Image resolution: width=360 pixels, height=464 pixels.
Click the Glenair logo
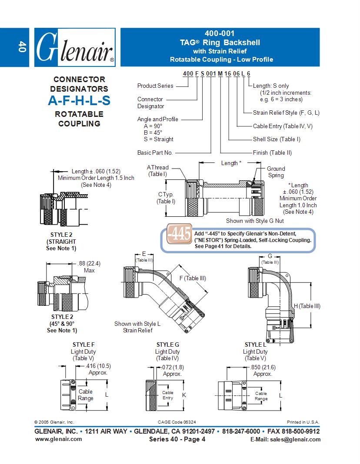(74, 47)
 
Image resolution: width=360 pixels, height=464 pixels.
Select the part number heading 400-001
(220, 33)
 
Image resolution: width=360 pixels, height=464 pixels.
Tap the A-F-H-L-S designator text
(79, 101)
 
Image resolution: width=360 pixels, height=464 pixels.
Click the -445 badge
(179, 235)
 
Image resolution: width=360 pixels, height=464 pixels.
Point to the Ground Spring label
(276, 172)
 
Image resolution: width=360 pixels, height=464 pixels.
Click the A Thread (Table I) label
(157, 171)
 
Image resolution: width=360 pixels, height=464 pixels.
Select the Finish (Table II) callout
(272, 152)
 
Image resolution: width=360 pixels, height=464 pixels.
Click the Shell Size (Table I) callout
(277, 139)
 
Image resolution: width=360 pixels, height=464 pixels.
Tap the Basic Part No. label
(155, 152)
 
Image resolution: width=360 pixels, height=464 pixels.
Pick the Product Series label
(155, 86)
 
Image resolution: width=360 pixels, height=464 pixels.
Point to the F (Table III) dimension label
(193, 278)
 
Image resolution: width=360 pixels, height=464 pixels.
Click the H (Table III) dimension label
(307, 306)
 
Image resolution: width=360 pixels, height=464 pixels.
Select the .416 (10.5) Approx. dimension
(93, 370)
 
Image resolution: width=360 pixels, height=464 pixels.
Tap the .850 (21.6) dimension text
(263, 370)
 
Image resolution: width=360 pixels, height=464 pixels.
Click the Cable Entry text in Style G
(167, 395)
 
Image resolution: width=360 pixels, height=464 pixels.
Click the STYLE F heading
(83, 345)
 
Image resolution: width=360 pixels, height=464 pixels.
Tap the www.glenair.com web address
(58, 439)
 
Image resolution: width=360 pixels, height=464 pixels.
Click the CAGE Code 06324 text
(180, 422)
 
